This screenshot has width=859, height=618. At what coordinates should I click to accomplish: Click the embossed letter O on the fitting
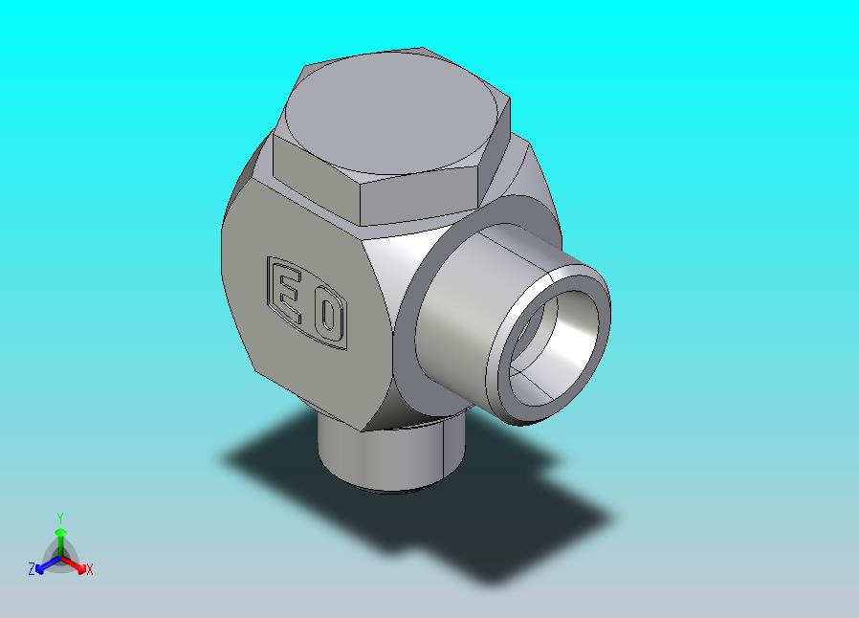[x=328, y=315]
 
